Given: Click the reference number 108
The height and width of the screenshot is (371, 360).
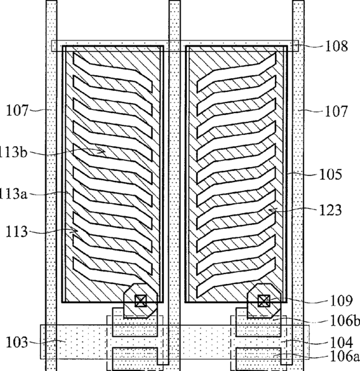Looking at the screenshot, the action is pos(336,46).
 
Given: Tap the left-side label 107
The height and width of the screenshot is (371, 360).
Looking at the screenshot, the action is pos(17,111).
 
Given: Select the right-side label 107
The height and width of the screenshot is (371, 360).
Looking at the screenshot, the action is pos(336,111).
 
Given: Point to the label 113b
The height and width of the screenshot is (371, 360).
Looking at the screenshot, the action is pos(13,152).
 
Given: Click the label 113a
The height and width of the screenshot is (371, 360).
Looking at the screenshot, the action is pos(13,194).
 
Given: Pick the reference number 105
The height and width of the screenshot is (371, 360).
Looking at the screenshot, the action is pos(330,175).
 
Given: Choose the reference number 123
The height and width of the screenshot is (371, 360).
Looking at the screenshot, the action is pos(330,210).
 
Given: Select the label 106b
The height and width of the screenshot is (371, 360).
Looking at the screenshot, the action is pos(344,321).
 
